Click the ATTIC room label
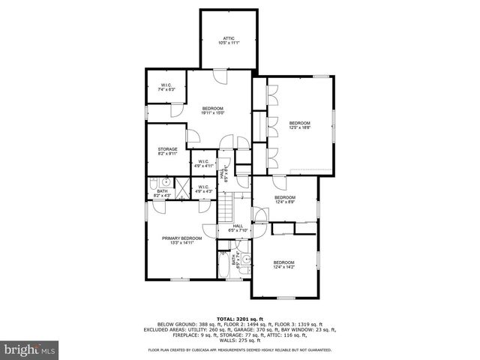(x=228, y=40)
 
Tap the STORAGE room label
(x=167, y=151)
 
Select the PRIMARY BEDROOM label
(x=181, y=240)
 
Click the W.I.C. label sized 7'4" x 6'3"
(x=166, y=87)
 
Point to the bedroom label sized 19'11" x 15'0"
(x=213, y=111)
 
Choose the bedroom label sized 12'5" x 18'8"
(x=300, y=125)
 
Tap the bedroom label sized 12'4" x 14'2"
(x=283, y=263)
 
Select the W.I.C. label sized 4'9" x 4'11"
(x=204, y=163)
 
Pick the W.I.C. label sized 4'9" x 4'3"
(x=204, y=189)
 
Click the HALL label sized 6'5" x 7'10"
(x=237, y=228)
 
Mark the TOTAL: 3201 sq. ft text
(x=239, y=319)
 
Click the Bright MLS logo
(x=29, y=349)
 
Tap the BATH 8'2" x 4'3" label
(x=162, y=193)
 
